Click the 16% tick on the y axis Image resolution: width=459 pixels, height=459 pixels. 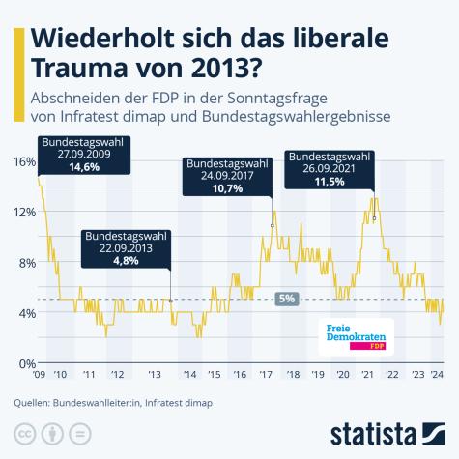[x=23, y=161]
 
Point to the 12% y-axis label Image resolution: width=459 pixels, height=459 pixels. [x=23, y=212]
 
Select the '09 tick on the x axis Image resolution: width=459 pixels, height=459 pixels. [x=40, y=374]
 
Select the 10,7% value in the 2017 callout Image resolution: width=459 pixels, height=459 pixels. [x=227, y=190]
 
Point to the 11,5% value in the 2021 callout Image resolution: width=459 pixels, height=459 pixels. [x=330, y=181]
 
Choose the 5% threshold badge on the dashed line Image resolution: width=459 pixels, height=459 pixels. [x=286, y=300]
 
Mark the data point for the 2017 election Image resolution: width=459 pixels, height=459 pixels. [x=273, y=226]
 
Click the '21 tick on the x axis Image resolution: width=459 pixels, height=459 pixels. [x=367, y=374]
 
